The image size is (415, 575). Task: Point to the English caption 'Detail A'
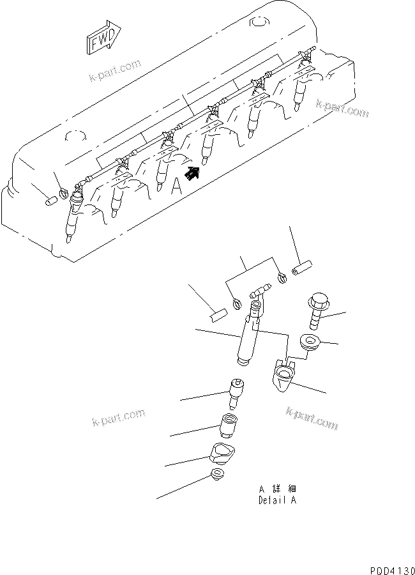276,500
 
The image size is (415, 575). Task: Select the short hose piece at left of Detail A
218,314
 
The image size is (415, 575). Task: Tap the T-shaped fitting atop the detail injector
260,295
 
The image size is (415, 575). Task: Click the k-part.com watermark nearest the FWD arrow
114,70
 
